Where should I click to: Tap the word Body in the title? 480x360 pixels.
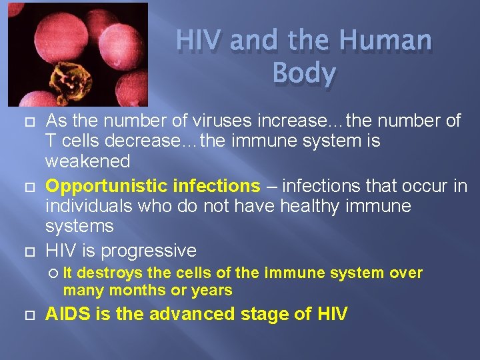tap(304, 74)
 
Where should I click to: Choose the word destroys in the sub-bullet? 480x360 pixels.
tap(115, 273)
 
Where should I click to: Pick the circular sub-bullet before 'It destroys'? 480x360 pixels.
tap(54, 273)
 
